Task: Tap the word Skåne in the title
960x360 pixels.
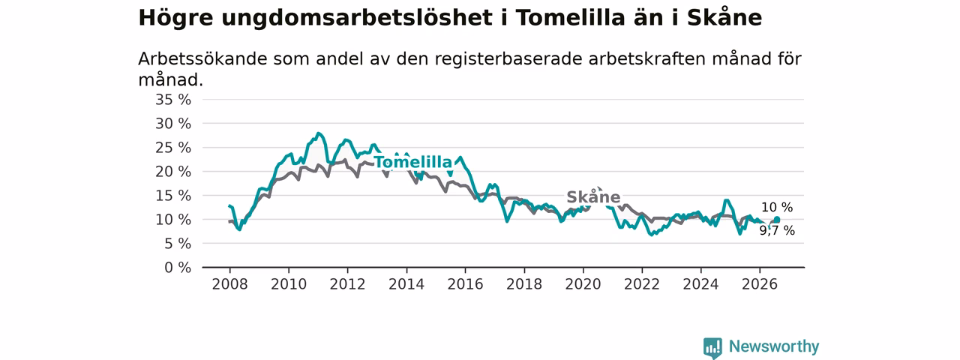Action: (724, 17)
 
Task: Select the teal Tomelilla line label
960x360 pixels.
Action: (413, 162)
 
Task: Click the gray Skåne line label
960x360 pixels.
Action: (593, 196)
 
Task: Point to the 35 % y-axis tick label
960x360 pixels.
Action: (173, 100)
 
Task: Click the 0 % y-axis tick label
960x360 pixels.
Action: (178, 268)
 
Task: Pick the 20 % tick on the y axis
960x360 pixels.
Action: (173, 172)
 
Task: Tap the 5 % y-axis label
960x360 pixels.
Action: (178, 244)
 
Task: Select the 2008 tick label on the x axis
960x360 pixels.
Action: (229, 284)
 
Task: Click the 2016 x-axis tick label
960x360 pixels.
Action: (466, 284)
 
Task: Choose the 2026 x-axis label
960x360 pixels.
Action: (760, 284)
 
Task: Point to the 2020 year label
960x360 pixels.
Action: (583, 284)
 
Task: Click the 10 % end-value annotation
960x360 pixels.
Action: (777, 208)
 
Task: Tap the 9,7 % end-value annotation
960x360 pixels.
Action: (778, 230)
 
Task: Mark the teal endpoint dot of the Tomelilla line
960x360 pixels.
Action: (776, 220)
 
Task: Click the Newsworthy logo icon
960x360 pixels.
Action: (712, 347)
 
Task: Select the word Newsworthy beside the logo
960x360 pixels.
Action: (774, 346)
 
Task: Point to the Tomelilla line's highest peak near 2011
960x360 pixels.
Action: (318, 133)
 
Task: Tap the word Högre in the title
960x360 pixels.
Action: (175, 18)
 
